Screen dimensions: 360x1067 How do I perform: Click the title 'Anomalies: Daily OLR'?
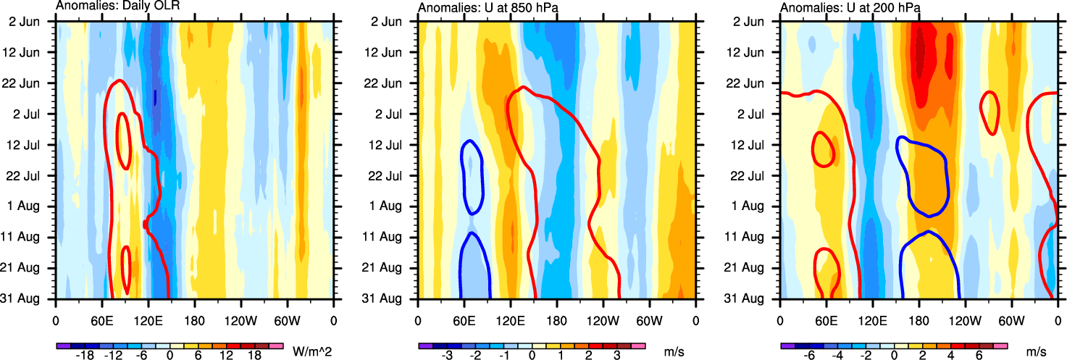[117, 7]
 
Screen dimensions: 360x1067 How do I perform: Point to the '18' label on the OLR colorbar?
[254, 356]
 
